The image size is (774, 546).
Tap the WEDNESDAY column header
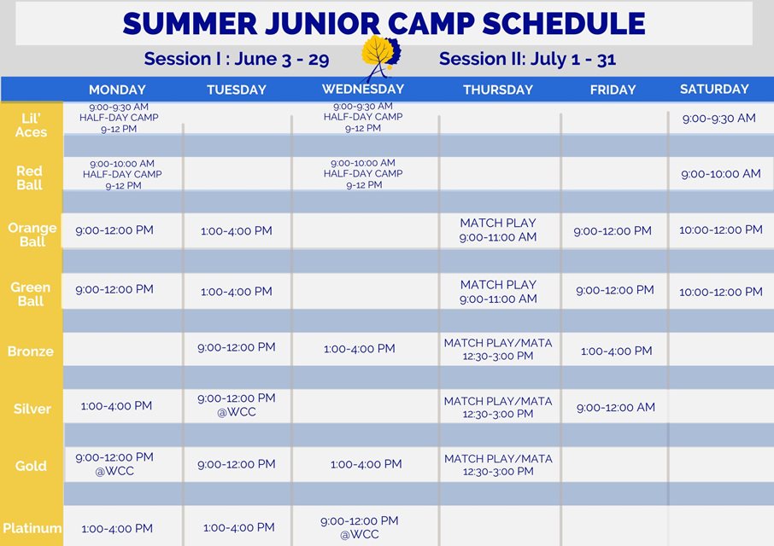click(x=363, y=90)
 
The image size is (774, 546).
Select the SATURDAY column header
click(x=714, y=90)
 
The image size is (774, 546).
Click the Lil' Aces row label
click(x=31, y=125)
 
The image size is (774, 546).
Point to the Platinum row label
click(x=32, y=528)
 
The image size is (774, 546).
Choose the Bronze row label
click(x=31, y=351)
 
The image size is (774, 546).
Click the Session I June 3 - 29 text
click(x=237, y=59)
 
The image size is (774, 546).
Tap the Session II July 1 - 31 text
click(x=527, y=59)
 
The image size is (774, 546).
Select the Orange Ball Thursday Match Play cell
click(x=498, y=230)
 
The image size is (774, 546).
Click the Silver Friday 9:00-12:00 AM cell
click(x=616, y=408)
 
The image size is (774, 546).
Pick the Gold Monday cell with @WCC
click(x=114, y=464)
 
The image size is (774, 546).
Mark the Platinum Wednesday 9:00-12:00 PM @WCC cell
click(x=360, y=527)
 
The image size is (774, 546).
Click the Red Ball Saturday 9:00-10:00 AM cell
click(x=721, y=174)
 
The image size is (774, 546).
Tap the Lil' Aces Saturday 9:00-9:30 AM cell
click(x=718, y=119)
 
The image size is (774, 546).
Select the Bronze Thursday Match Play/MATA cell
click(x=498, y=350)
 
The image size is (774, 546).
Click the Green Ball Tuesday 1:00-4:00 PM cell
click(x=237, y=291)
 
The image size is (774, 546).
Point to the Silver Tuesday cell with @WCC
click(x=237, y=405)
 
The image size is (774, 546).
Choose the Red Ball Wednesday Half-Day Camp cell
click(x=363, y=174)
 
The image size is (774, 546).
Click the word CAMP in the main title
click(x=431, y=23)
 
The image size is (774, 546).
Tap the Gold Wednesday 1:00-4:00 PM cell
click(x=366, y=464)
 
